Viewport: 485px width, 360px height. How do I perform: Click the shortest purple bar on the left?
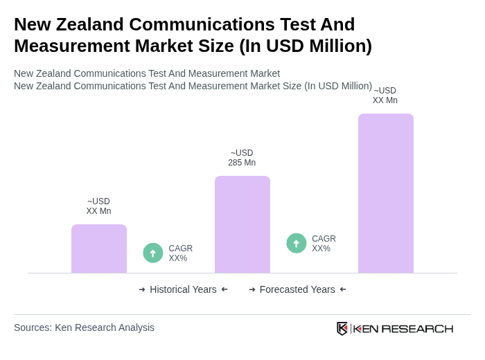coord(99,249)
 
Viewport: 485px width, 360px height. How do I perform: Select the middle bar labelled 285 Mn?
coord(242,224)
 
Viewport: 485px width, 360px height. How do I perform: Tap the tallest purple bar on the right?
coord(386,193)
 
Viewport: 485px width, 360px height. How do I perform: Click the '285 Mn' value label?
coord(242,163)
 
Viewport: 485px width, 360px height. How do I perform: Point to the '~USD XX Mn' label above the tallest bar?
coord(385,96)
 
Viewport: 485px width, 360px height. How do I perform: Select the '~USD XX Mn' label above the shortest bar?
coord(98,206)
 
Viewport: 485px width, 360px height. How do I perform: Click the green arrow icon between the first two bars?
coord(153,253)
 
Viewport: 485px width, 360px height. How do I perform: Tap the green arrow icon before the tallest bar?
coord(297,243)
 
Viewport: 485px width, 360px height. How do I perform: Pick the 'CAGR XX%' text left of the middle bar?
coord(180,253)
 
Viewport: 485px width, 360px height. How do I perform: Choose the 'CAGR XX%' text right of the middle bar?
coord(324,244)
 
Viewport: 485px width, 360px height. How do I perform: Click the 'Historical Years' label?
coord(183,289)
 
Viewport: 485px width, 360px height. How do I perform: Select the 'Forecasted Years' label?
coord(297,289)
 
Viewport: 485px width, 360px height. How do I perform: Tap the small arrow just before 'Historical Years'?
coord(142,289)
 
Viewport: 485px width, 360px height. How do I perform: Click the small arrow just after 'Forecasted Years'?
coord(343,289)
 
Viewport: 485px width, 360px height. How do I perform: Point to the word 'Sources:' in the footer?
coord(33,327)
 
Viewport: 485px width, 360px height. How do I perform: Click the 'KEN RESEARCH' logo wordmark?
coord(403,329)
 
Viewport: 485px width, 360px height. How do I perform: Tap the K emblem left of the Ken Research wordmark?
coord(342,328)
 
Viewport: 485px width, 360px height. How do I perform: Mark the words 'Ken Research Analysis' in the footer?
coord(105,327)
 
